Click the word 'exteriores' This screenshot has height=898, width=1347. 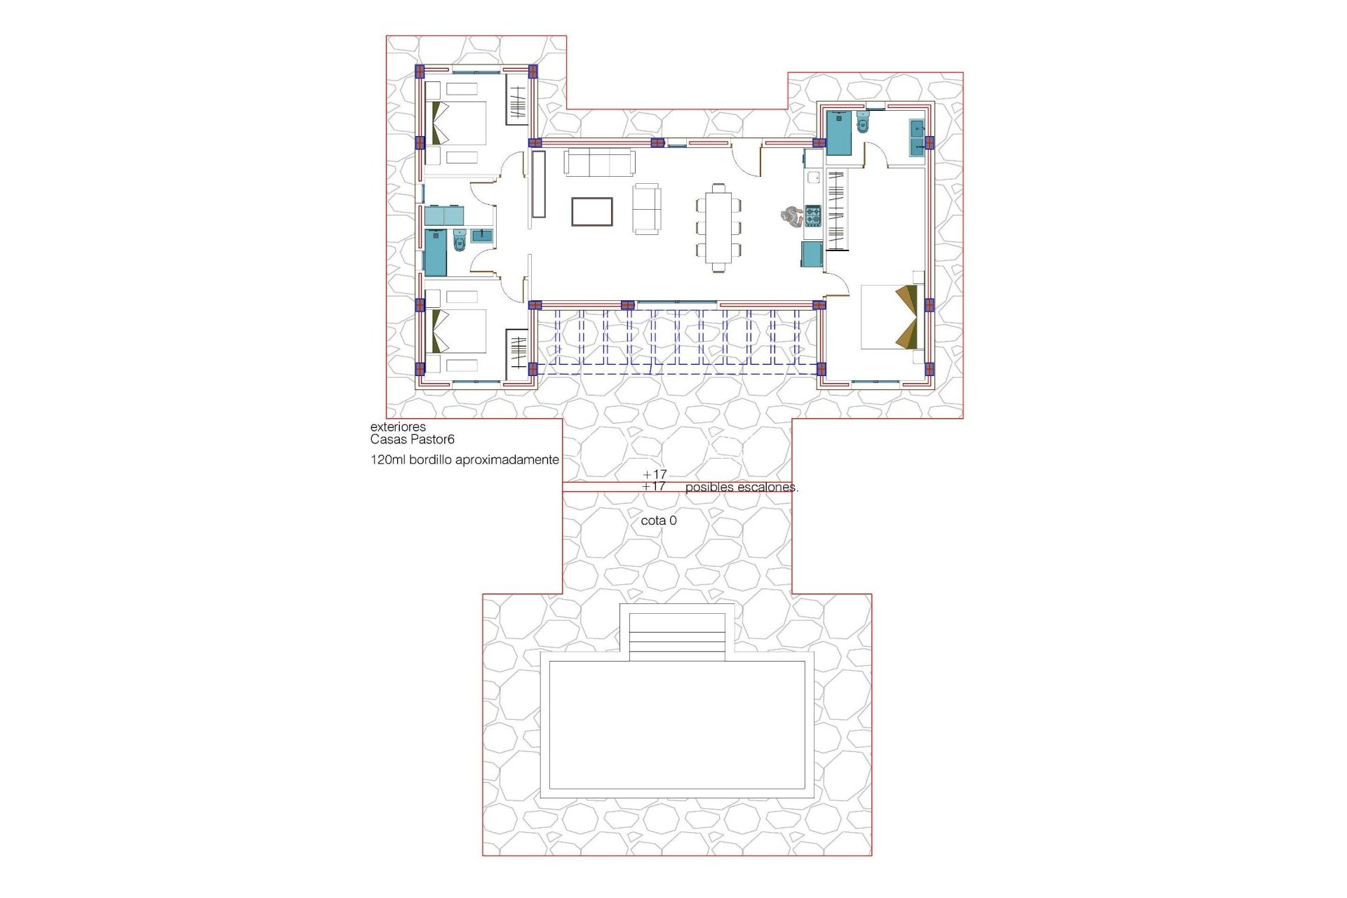[x=398, y=427]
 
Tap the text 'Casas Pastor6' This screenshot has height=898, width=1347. [x=413, y=440]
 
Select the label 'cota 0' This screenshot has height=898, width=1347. [x=659, y=521]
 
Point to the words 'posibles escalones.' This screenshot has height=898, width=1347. [x=741, y=487]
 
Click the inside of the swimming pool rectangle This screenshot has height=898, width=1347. [x=676, y=725]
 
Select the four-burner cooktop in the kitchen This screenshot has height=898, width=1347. [x=812, y=215]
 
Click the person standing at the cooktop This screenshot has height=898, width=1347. [x=792, y=216]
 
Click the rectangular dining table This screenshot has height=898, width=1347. [x=718, y=227]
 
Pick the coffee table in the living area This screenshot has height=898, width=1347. [x=591, y=212]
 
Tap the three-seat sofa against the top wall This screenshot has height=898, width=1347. [x=600, y=163]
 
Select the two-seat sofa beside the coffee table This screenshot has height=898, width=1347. [x=646, y=208]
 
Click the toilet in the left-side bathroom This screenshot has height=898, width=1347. [x=460, y=241]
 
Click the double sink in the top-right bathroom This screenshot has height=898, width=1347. [x=916, y=138]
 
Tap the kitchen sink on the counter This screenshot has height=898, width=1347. [x=814, y=177]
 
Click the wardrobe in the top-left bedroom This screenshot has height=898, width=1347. [x=517, y=102]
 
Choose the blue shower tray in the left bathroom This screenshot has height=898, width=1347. [x=436, y=253]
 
